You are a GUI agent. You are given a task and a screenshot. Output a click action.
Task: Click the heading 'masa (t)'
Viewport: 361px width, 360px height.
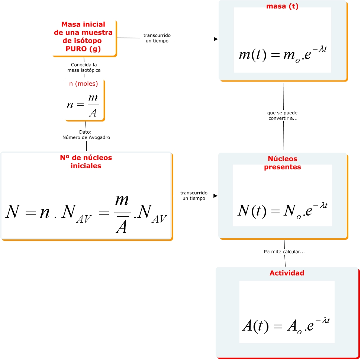283,6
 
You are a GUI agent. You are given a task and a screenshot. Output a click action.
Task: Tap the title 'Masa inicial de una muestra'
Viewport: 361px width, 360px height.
83,28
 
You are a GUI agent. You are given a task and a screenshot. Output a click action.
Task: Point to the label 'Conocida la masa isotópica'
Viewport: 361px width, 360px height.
84,67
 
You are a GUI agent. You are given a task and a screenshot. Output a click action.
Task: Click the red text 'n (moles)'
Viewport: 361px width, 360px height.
84,84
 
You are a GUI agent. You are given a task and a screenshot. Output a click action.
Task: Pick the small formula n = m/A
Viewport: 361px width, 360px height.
83,105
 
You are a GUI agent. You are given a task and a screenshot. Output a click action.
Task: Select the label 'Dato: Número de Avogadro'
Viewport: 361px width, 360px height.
86,135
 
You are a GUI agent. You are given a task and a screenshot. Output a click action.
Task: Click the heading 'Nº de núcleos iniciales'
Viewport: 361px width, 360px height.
86,162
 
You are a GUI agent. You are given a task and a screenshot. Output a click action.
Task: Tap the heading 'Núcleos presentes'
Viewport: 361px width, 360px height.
283,163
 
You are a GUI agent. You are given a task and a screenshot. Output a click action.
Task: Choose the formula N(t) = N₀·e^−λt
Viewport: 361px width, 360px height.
283,210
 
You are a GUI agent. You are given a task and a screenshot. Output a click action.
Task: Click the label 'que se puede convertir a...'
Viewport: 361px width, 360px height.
283,115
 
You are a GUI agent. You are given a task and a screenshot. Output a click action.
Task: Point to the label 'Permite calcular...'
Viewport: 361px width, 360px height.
284,252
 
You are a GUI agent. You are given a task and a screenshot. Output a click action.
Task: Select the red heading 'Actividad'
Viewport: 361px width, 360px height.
287,273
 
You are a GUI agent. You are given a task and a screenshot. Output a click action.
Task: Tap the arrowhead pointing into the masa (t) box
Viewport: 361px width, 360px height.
216,38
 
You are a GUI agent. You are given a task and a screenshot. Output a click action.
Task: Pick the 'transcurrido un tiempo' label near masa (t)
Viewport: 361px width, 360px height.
157,38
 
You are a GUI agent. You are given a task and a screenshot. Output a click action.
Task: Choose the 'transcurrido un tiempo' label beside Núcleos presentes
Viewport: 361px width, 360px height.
194,196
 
